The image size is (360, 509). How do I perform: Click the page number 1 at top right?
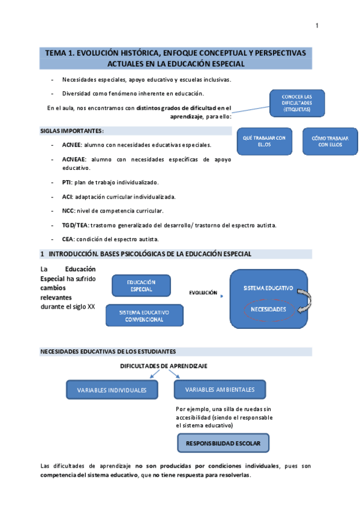317,25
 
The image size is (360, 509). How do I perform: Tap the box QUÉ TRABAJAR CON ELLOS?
263,141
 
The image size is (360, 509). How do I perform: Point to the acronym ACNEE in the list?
71,145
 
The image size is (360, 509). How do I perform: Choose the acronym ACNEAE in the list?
74,159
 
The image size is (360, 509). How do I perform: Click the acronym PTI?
67,182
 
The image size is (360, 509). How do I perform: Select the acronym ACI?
67,196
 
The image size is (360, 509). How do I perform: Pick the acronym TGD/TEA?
75,225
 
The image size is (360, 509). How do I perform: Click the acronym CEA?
67,239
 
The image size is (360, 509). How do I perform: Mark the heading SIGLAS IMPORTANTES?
71,131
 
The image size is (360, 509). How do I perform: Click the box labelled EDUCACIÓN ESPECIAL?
142,286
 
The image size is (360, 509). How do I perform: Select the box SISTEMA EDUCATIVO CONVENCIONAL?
144,316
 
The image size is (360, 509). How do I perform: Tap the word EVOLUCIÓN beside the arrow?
203,293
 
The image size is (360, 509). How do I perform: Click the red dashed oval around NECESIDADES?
268,309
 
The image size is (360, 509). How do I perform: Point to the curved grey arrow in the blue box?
303,300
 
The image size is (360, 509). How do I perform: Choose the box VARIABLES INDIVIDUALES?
112,390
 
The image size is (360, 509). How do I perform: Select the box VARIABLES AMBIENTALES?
220,390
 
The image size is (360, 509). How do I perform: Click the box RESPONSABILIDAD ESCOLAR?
223,443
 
